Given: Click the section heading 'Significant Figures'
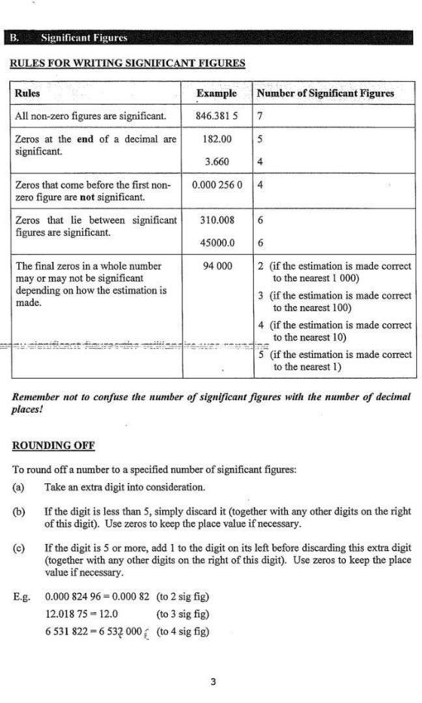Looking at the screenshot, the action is tap(84, 37).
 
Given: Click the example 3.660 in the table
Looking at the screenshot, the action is tap(217, 161).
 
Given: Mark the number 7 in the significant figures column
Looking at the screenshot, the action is tap(260, 117).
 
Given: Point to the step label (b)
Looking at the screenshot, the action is tap(18, 512).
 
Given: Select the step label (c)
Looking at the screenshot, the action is tap(18, 548).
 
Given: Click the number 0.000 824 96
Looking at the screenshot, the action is tap(82, 595).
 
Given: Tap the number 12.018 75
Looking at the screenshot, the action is tap(70, 614).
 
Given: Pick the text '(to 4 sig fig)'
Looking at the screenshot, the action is tap(183, 632).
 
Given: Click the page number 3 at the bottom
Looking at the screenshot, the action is tap(213, 681).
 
